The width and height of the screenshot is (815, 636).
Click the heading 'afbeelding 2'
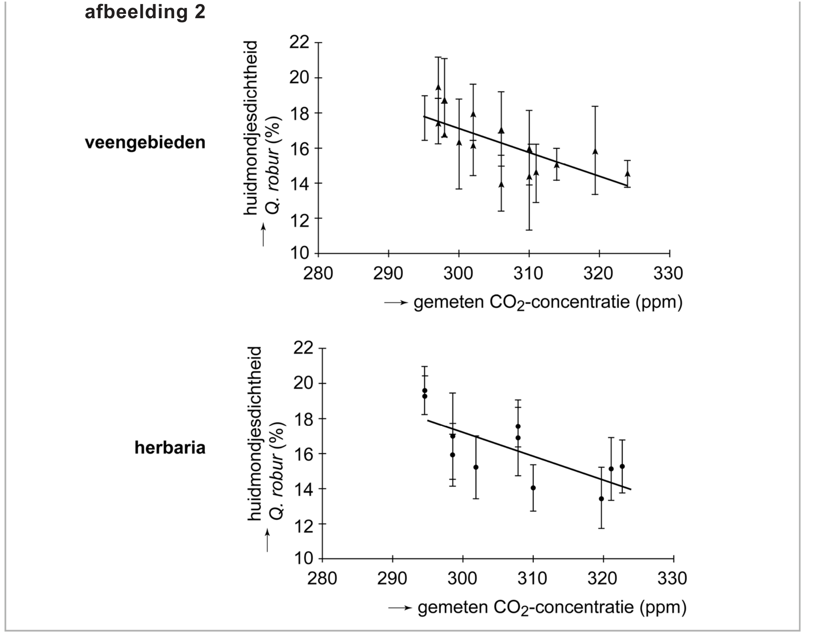145,12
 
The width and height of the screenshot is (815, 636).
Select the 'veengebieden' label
145,142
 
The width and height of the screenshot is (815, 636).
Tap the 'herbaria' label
170,448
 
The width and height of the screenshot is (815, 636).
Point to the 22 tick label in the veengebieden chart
299,42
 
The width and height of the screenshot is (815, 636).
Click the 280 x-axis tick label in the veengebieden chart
318,273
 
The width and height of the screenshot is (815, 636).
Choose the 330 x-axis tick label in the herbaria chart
672,579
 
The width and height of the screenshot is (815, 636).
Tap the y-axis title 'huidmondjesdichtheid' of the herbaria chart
255,434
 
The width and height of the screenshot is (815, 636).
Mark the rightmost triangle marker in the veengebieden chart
627,173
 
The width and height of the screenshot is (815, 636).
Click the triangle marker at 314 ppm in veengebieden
557,165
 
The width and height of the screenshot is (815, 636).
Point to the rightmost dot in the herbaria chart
622,466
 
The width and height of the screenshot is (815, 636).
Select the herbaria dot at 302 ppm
476,467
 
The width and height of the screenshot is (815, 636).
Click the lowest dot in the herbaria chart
601,499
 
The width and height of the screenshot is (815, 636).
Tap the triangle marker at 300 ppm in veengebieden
459,142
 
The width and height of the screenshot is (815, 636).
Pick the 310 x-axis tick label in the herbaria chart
532,579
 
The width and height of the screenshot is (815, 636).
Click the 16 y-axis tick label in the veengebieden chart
299,148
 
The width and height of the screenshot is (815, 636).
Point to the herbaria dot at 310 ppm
533,488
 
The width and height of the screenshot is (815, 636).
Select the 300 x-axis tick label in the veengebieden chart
458,273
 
